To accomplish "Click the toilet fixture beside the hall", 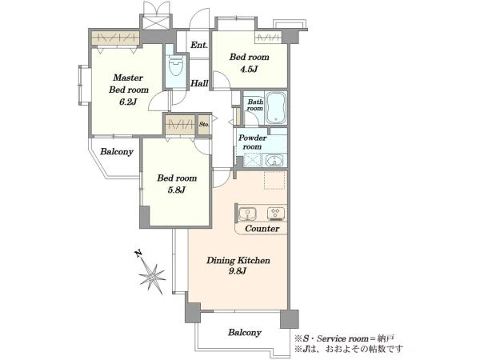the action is [176, 66].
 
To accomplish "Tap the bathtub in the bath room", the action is [276, 108].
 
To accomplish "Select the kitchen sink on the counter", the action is [247, 214].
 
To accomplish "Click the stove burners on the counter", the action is [276, 214].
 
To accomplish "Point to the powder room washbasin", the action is [274, 161].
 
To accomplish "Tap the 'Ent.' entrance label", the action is [199, 45].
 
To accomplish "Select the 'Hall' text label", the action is [199, 83].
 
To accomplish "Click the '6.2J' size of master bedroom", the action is [128, 102].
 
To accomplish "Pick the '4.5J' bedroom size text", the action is [249, 69].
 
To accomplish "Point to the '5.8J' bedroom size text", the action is [176, 190].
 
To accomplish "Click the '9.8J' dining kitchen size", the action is [238, 271].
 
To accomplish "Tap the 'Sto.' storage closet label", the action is [204, 124].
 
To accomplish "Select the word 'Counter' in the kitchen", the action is [262, 228].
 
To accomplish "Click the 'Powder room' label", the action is [252, 142].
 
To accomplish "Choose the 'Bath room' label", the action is [255, 105].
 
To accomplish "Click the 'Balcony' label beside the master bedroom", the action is [117, 152].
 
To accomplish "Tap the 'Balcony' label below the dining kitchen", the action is [245, 333].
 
